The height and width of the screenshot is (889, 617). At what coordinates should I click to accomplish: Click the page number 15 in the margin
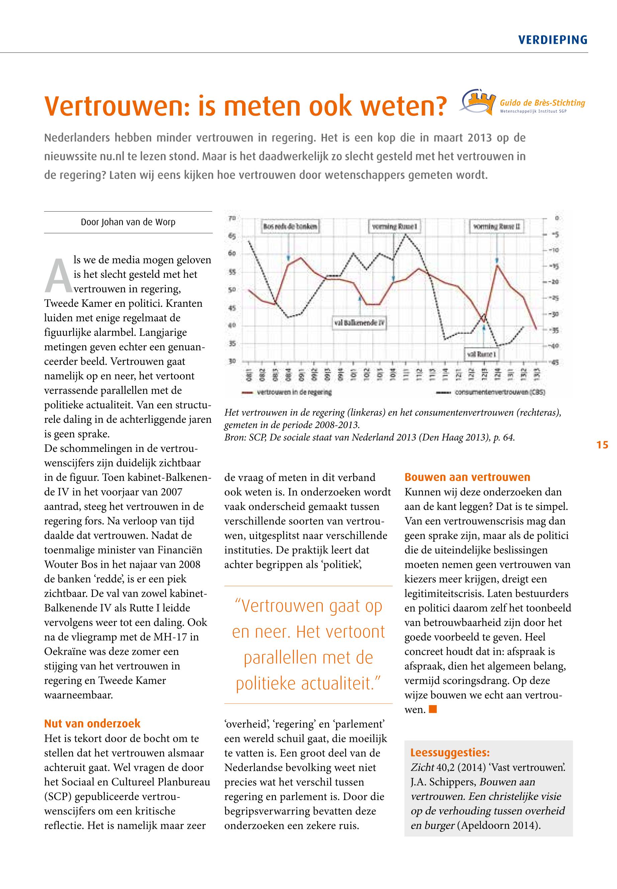pos(602,445)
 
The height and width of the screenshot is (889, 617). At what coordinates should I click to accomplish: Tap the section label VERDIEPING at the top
pos(552,40)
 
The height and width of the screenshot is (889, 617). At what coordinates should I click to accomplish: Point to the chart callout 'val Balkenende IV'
pos(359,322)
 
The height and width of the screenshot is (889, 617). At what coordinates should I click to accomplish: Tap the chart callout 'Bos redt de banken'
pos(290,227)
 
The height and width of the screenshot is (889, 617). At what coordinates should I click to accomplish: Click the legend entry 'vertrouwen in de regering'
pos(287,393)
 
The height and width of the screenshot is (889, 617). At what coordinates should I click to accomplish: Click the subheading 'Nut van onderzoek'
pos(92,724)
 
